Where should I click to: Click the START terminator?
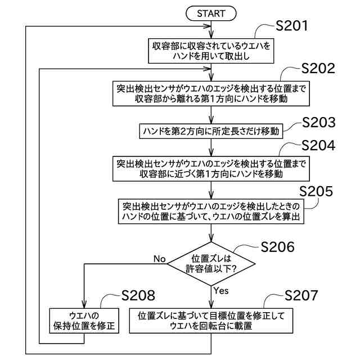[x=211, y=12]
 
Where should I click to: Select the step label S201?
[x=292, y=26]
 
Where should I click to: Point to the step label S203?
[x=318, y=122]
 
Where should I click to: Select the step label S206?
[x=280, y=246]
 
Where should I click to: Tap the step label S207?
[x=301, y=296]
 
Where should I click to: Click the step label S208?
[x=138, y=296]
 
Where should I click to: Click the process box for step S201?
[x=211, y=50]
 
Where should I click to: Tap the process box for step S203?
[x=211, y=130]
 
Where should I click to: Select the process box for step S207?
[x=211, y=321]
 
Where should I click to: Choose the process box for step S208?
[x=84, y=321]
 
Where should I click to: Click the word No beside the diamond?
[x=159, y=259]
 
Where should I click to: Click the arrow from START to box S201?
[x=211, y=28]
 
